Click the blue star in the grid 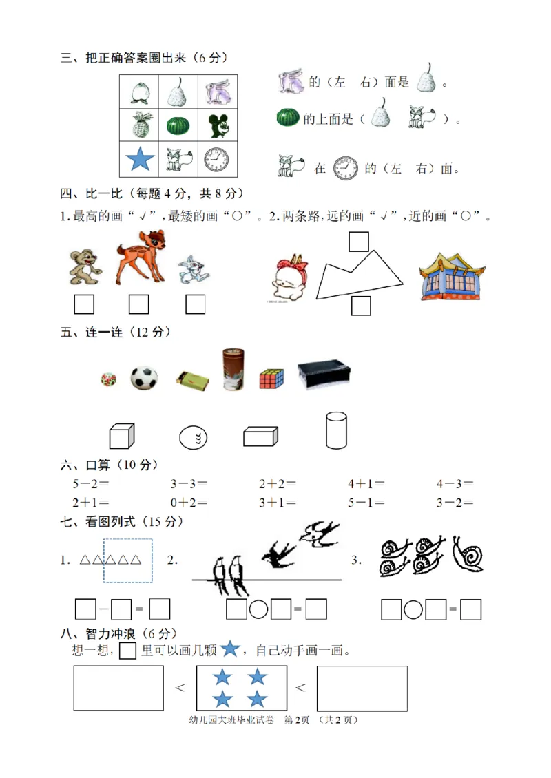click(141, 160)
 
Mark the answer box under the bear click(84, 304)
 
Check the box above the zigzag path click(358, 242)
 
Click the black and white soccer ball click(144, 378)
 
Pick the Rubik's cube click(271, 379)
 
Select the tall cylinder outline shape click(335, 430)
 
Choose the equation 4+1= click(366, 484)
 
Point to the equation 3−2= click(455, 503)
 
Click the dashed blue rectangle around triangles click(127, 560)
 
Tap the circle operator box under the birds click(258, 609)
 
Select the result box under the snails click(470, 609)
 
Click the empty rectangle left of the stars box click(118, 688)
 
